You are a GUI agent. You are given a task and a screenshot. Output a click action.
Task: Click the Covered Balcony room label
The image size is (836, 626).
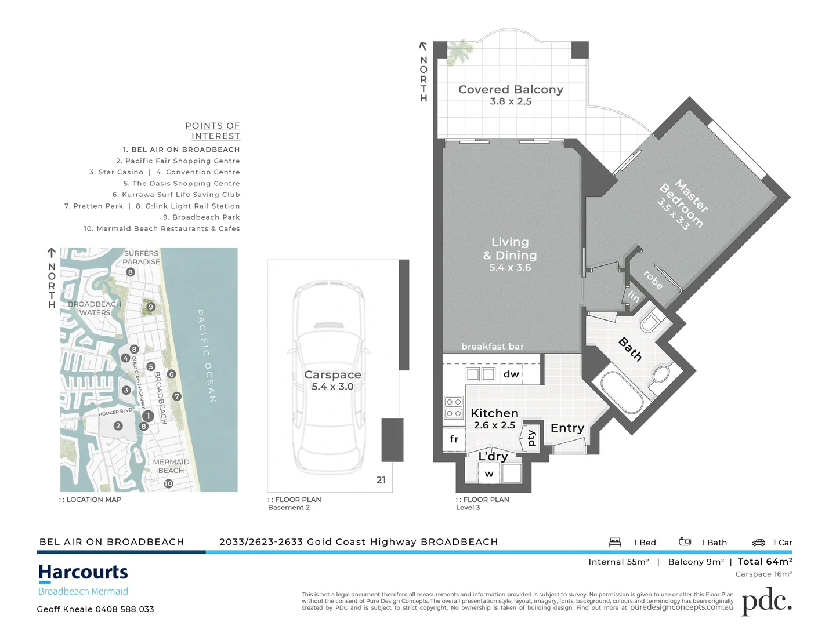click(x=511, y=90)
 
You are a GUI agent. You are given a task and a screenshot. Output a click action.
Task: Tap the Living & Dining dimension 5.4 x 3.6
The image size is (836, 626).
click(x=510, y=268)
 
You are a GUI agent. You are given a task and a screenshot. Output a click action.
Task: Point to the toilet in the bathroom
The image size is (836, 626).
click(x=651, y=321)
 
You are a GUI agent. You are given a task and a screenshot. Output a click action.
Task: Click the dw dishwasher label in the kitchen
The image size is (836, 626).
click(x=511, y=374)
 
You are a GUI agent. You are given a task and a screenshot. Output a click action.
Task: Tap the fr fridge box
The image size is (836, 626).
click(x=454, y=439)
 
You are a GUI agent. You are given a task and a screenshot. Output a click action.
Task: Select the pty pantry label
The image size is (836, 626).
click(x=531, y=438)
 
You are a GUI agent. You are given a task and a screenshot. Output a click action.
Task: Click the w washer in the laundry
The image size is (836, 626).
click(x=489, y=474)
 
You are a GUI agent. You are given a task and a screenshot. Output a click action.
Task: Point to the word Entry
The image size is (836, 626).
click(x=567, y=428)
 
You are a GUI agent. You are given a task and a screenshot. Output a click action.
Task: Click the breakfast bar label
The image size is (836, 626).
click(x=493, y=347)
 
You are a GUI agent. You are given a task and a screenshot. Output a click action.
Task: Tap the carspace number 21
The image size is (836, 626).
click(x=381, y=480)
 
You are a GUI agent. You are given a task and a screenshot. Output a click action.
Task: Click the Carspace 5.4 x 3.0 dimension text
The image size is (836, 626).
click(x=332, y=387)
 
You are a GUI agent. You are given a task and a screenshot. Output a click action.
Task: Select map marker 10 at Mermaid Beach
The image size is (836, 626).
click(x=168, y=483)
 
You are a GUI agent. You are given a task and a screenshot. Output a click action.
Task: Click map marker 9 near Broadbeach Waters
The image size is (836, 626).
click(x=151, y=307)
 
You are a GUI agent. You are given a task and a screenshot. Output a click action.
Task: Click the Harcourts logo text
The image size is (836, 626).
click(x=83, y=573)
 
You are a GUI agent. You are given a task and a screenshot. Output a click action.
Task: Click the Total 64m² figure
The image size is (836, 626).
click(x=765, y=562)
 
